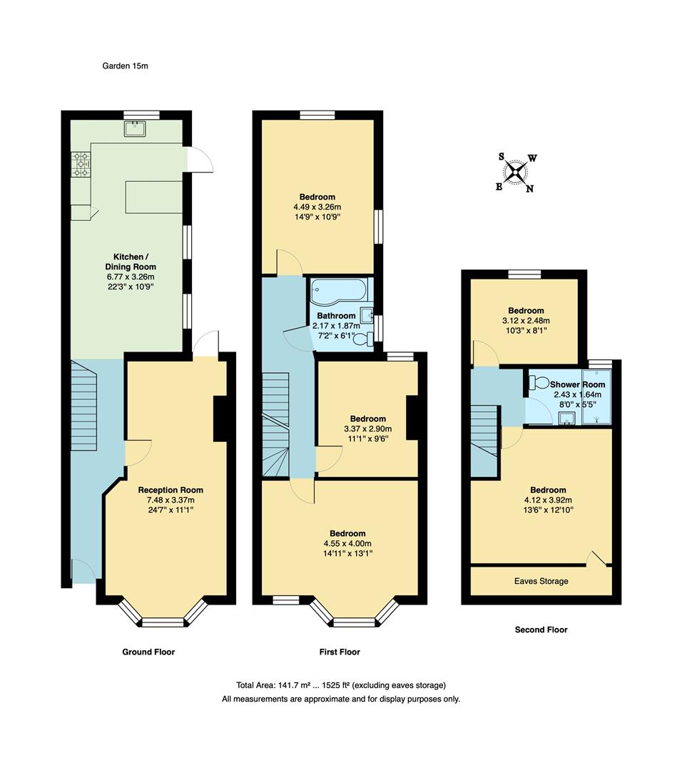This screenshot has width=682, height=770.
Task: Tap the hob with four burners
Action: coord(79,165)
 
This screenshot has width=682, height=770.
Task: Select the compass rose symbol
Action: coord(516,172)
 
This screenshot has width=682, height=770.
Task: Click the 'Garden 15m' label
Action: coord(124,66)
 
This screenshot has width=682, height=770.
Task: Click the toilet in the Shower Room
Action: coord(540,383)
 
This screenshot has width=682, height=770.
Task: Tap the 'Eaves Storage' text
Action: coord(541,581)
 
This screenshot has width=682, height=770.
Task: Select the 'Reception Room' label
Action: coord(170,490)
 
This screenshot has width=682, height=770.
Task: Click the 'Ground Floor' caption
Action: coord(149,652)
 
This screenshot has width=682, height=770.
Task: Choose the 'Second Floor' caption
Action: coord(541,630)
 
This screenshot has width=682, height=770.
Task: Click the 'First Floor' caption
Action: coord(340,652)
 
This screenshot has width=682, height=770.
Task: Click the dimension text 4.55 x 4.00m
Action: coord(347,543)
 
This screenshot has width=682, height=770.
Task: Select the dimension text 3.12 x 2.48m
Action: coord(526,321)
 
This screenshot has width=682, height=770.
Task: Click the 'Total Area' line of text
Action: coord(340,684)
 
